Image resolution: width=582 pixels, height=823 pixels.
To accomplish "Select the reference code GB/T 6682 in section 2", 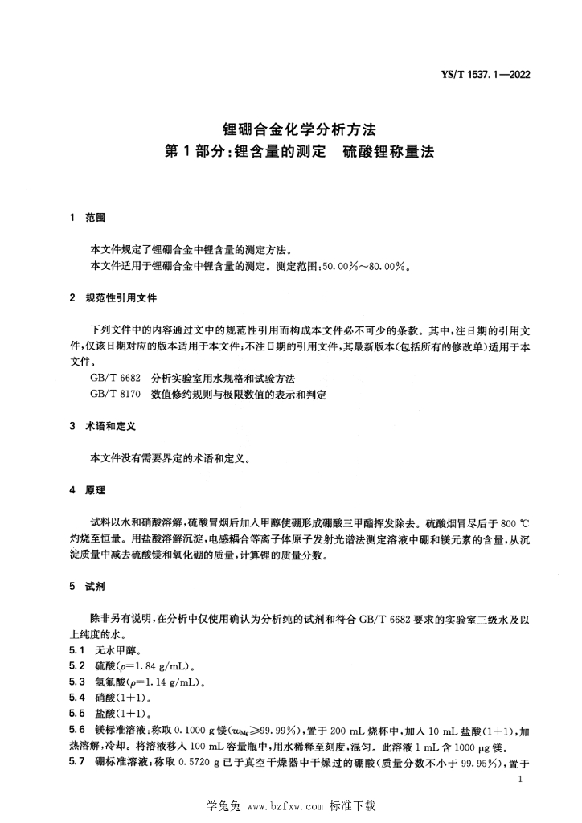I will (x=117, y=378).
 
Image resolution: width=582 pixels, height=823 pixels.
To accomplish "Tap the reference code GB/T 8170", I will (x=117, y=394).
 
